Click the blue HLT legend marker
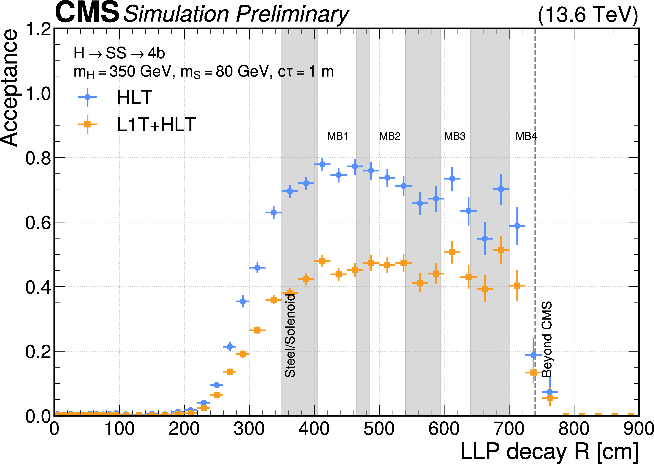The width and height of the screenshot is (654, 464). [x=87, y=97]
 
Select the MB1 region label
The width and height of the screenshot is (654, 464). [x=337, y=136]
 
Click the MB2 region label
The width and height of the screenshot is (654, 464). [x=390, y=136]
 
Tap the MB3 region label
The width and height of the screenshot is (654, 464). [x=455, y=136]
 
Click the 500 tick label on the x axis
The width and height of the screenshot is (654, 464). [x=379, y=429]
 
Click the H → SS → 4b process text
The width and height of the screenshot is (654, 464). [x=119, y=53]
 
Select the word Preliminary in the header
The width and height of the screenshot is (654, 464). [x=292, y=14]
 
